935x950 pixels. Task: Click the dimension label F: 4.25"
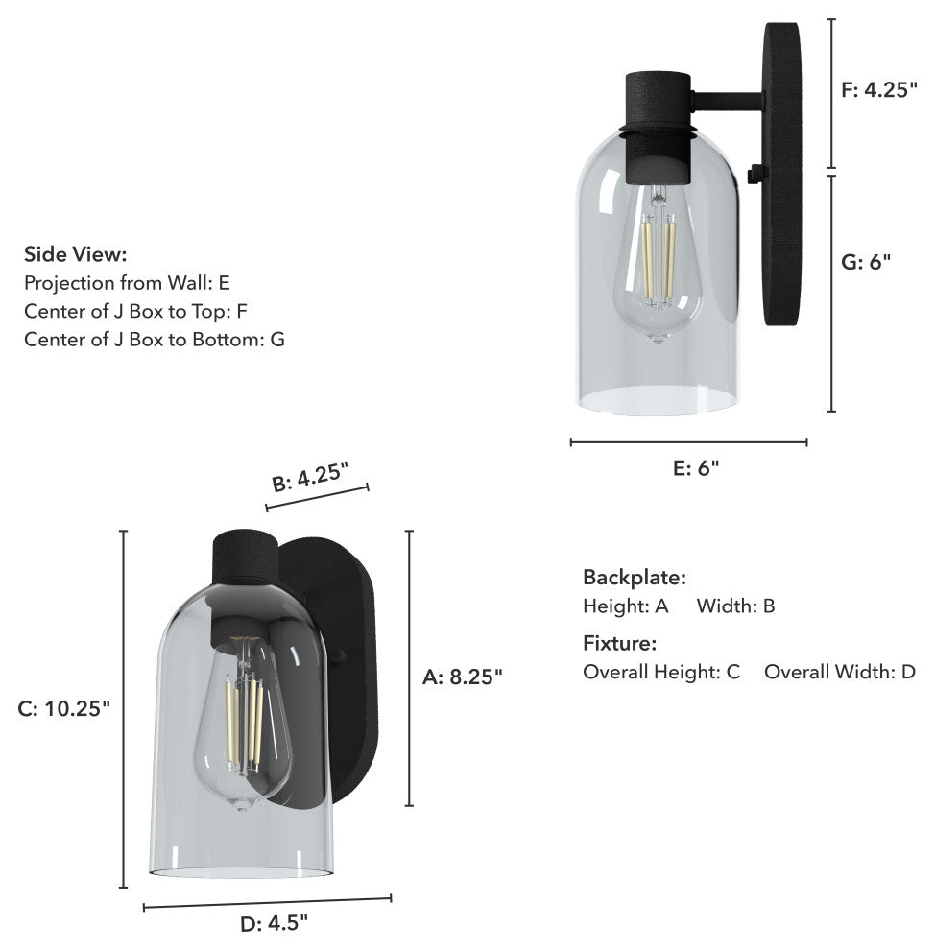pos(878,89)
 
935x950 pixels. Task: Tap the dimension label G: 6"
pos(866,262)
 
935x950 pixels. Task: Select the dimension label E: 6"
pos(696,467)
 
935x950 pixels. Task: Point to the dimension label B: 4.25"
pos(310,477)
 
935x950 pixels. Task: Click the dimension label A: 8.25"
pos(463,677)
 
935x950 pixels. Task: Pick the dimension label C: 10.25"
pos(63,708)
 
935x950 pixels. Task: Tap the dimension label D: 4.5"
pos(274,923)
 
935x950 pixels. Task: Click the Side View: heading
pos(76,254)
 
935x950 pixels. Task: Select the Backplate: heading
pos(635,578)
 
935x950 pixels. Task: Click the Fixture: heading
pos(620,643)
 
